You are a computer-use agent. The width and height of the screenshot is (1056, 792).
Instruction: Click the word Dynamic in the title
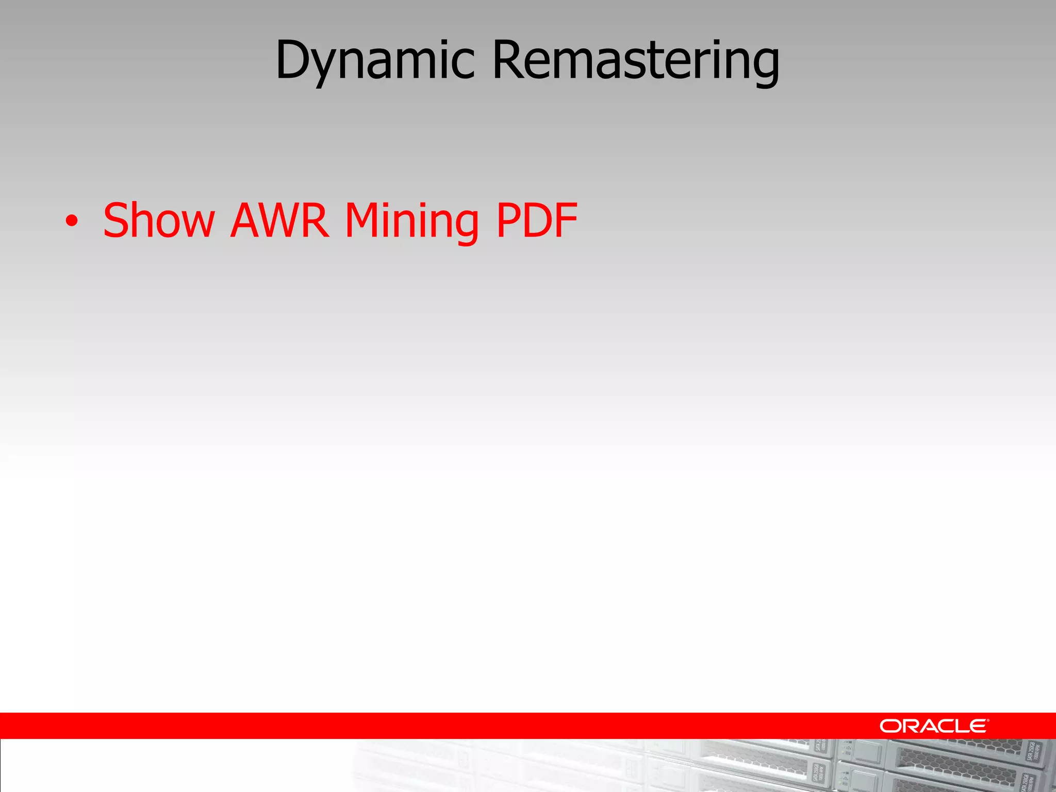(x=375, y=60)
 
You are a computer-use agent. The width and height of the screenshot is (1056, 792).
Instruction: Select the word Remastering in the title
(x=635, y=60)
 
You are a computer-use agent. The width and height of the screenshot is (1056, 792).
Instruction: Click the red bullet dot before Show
(x=72, y=222)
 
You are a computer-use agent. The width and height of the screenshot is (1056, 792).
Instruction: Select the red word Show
(x=159, y=220)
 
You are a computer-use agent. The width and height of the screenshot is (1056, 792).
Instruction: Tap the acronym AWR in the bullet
(x=279, y=220)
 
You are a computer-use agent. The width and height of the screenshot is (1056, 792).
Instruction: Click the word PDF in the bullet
(x=536, y=220)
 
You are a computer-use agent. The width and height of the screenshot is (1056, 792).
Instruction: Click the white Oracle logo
(x=933, y=726)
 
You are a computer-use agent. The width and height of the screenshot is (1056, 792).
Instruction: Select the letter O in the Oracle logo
(x=889, y=726)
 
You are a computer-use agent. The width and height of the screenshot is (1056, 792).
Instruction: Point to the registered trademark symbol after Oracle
(x=987, y=720)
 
